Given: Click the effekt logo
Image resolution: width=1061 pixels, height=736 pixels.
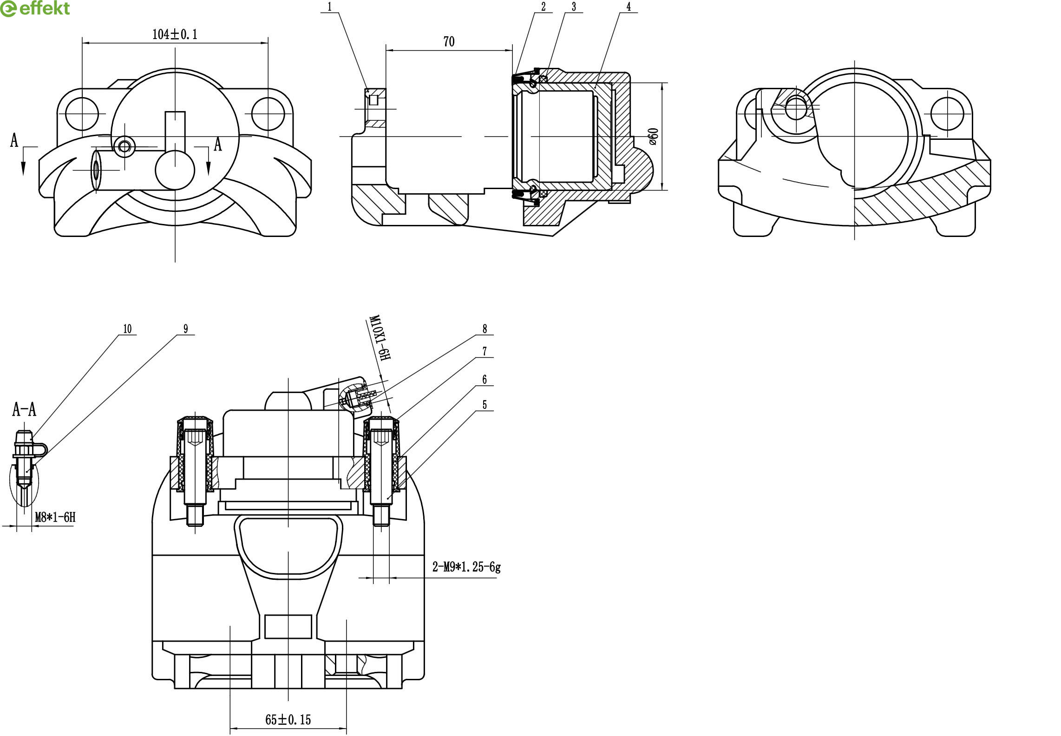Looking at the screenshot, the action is tap(35, 8).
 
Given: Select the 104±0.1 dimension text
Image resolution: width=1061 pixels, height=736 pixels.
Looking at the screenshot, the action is tap(175, 34).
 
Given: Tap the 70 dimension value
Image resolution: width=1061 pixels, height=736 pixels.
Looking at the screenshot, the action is tap(449, 42).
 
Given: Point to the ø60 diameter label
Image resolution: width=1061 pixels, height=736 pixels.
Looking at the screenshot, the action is tap(653, 136).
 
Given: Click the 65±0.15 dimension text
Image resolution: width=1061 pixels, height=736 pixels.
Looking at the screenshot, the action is tap(288, 720).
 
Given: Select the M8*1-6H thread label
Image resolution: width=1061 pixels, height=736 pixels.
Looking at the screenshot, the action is tap(55, 517).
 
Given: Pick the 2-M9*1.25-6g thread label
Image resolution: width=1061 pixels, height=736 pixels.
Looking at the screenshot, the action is tap(466, 567).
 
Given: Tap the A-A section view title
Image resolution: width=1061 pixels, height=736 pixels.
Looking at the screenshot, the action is tap(24, 409).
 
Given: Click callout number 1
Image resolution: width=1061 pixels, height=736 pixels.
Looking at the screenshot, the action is tap(330, 7).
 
